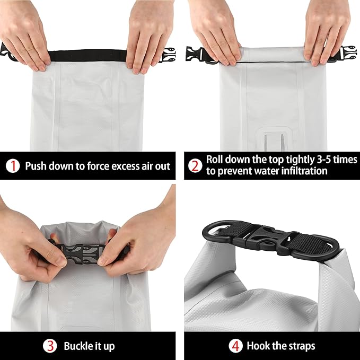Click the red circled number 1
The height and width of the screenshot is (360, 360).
[x=12, y=166]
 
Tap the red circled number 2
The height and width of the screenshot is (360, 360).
[x=195, y=166]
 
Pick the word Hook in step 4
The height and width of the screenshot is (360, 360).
[x=258, y=346]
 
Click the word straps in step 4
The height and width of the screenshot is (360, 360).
[x=300, y=346]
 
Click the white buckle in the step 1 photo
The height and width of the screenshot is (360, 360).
[x=168, y=55]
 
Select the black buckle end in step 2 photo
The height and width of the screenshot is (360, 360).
[x=195, y=54]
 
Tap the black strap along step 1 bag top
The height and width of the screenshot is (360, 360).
[x=87, y=55]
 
